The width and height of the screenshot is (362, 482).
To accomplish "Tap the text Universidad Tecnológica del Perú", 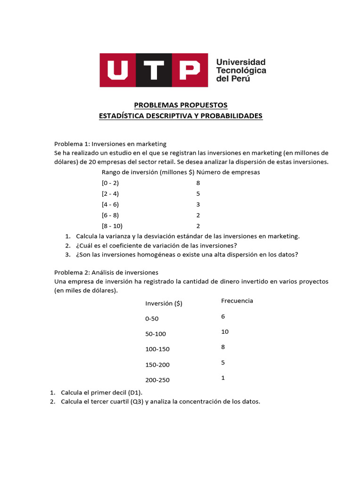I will pyautogui.click(x=240, y=70).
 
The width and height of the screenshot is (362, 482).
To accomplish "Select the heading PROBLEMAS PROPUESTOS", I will pyautogui.click(x=181, y=104).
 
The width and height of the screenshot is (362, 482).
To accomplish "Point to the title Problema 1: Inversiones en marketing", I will pyautogui.click(x=110, y=144).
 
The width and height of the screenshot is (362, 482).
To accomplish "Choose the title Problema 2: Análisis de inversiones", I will pyautogui.click(x=106, y=272).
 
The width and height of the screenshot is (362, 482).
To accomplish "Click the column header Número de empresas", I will pyautogui.click(x=228, y=172).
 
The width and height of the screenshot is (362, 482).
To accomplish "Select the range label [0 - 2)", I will pyautogui.click(x=110, y=183).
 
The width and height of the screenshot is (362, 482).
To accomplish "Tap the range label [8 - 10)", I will pyautogui.click(x=112, y=226).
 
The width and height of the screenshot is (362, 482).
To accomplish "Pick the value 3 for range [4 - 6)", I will pyautogui.click(x=198, y=204).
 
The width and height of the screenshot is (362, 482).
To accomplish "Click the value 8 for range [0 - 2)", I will pyautogui.click(x=198, y=183).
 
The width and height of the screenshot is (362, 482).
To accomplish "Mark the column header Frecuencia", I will pyautogui.click(x=237, y=301).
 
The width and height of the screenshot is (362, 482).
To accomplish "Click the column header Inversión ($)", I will pyautogui.click(x=164, y=304).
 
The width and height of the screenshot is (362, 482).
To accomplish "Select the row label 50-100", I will pyautogui.click(x=156, y=334).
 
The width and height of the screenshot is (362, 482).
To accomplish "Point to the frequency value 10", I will pyautogui.click(x=224, y=332).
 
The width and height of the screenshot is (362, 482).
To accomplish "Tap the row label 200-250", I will pyautogui.click(x=157, y=380).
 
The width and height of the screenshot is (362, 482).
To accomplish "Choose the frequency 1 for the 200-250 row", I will pyautogui.click(x=222, y=378).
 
